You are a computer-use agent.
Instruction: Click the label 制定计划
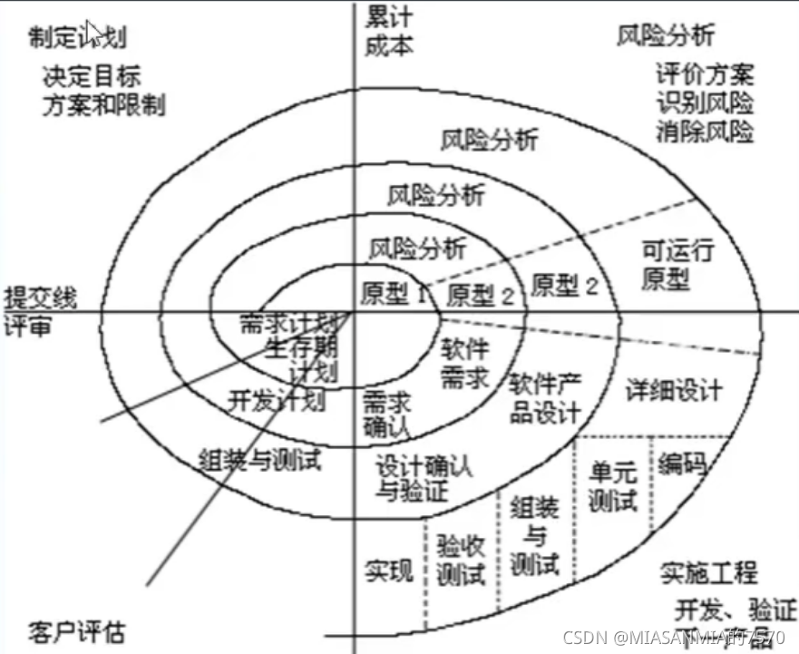coord(78,36)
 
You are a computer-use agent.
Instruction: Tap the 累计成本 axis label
coord(391,31)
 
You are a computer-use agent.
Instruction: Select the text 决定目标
coord(92,75)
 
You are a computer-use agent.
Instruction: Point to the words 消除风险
coord(706,132)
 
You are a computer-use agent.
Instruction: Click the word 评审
coord(27,325)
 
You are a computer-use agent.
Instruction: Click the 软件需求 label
coord(465,363)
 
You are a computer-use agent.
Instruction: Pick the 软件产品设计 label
coord(544,397)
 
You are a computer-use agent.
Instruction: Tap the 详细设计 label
coord(675,390)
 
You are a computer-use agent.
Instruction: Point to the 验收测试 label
coord(461,560)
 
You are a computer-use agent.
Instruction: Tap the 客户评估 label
coord(77,631)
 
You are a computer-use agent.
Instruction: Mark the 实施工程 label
coord(708,572)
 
